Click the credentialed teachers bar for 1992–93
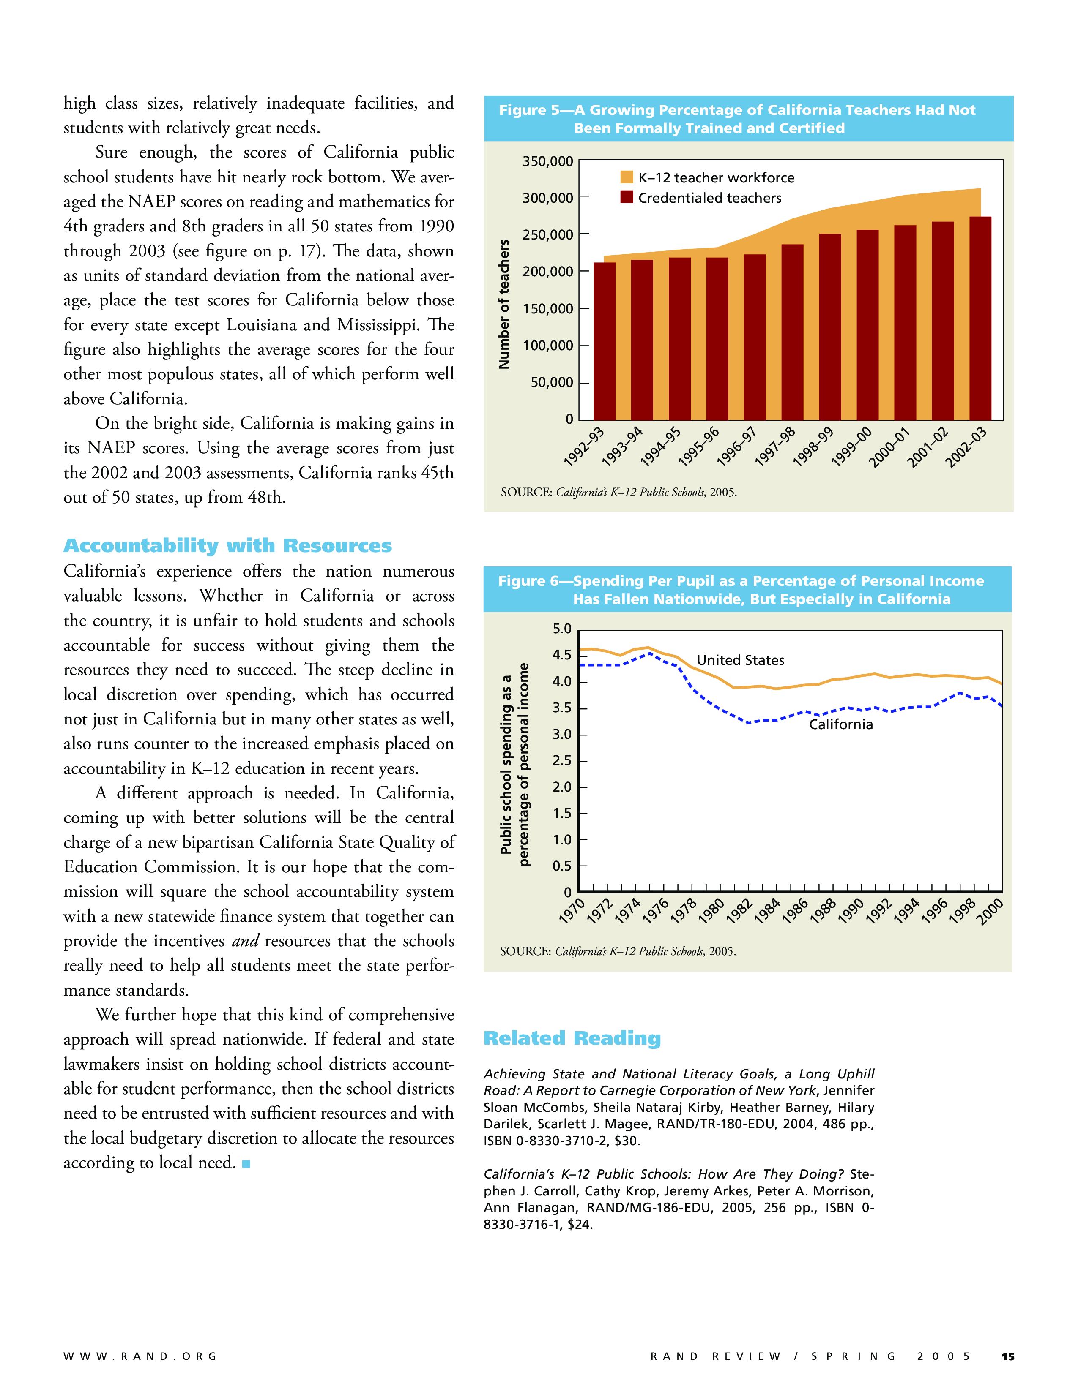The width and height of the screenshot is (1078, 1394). pos(604,341)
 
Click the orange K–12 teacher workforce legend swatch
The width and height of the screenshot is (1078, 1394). pos(627,177)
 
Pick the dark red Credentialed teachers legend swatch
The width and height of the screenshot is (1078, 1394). pos(627,197)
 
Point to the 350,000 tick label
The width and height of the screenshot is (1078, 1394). pos(548,161)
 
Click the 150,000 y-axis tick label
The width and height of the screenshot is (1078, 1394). pos(548,309)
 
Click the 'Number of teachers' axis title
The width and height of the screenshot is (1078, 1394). pos(504,305)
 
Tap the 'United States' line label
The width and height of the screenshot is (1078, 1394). pos(740,660)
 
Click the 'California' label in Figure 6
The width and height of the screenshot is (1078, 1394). pos(840,724)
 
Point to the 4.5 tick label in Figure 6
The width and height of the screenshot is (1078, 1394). pos(562,655)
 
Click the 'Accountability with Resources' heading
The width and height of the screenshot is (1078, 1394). pos(227,546)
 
